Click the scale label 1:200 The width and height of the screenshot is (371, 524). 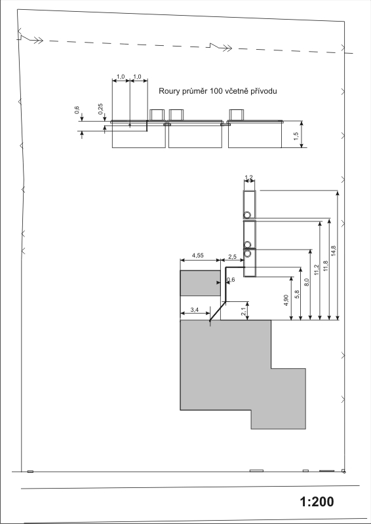317,502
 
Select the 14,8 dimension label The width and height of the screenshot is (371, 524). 334,251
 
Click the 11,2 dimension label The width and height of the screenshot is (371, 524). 317,269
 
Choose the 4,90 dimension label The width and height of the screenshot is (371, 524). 287,300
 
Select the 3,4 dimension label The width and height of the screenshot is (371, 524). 195,310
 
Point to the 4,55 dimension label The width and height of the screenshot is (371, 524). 197,255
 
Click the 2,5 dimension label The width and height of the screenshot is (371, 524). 233,257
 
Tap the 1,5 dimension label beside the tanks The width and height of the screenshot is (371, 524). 296,136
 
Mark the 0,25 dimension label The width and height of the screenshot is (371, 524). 101,109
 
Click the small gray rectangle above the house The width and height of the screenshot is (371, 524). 200,283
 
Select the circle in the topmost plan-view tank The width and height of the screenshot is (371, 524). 247,214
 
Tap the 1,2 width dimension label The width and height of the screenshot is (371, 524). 249,177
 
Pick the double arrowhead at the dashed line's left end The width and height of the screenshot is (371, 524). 39,41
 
